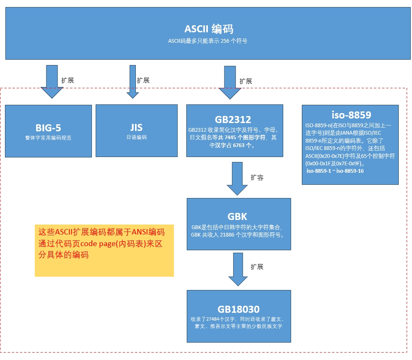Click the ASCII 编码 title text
pos(209,29)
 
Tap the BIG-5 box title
pos(48,127)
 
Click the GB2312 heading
pos(233,119)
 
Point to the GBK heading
pos(237,217)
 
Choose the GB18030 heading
pos(239,309)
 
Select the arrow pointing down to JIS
pos(133,82)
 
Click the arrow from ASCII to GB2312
pos(230,83)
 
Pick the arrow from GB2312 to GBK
pos(237,179)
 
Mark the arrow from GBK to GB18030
pos(238,269)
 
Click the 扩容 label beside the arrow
pos(257,177)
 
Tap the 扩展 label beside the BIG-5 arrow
pos(67,80)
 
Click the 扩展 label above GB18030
pos(257,267)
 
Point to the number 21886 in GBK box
pos(228,235)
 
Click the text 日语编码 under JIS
pos(136,138)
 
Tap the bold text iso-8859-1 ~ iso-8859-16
pos(335,171)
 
